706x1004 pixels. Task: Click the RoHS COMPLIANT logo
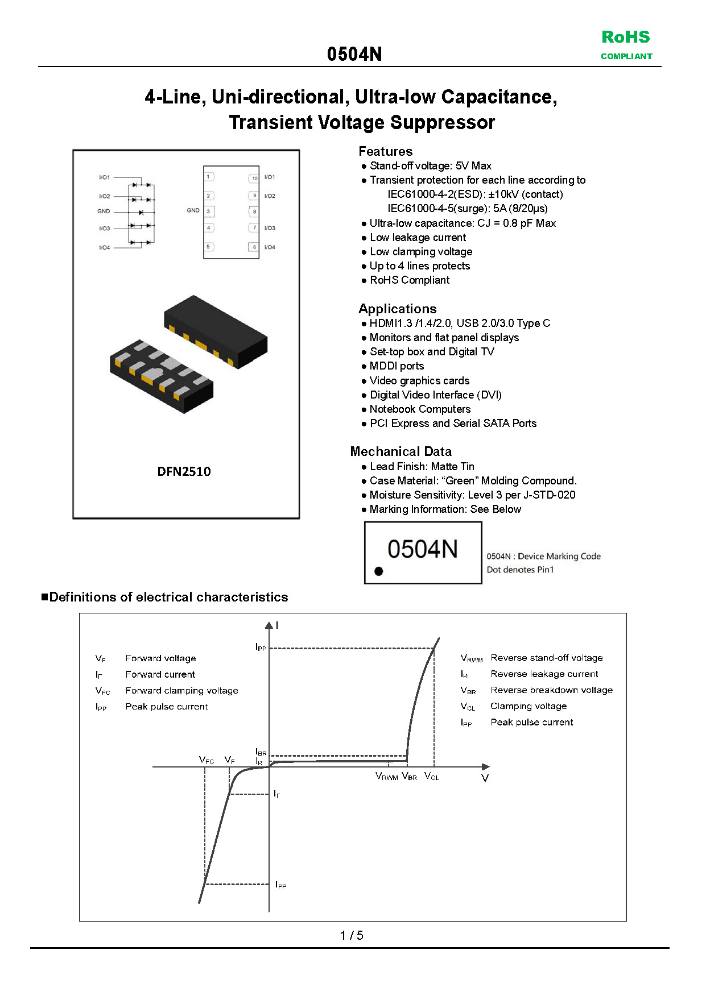[626, 44]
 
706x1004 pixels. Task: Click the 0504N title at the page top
[354, 54]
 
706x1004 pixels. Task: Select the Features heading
[385, 151]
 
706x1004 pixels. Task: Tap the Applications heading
[397, 309]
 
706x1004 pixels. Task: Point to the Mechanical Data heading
[401, 451]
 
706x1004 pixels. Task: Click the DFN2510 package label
[184, 471]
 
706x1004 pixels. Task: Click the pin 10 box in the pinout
[254, 178]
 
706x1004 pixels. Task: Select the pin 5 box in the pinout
[209, 247]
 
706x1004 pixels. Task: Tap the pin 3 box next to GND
[209, 211]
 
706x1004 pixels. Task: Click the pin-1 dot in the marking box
[379, 571]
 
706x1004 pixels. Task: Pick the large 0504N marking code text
[422, 549]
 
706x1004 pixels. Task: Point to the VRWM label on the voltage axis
[386, 776]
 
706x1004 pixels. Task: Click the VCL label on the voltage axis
[431, 776]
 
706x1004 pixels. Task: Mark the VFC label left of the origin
[206, 760]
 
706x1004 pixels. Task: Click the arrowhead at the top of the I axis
[269, 625]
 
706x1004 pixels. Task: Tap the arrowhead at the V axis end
[485, 767]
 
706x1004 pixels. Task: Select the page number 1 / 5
[352, 935]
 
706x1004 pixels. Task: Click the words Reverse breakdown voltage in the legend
[551, 690]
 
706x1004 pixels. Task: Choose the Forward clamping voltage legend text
[181, 691]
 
